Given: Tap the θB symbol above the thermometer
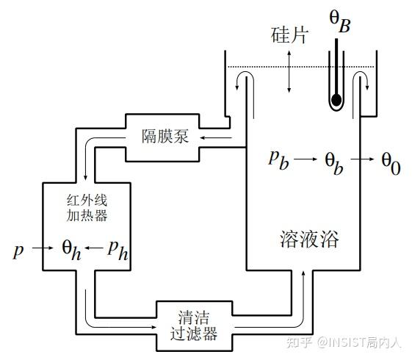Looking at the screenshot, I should (339, 21).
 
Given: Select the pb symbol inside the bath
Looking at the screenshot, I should (278, 159).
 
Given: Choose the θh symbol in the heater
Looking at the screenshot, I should (71, 249).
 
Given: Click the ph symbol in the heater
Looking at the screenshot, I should (118, 250).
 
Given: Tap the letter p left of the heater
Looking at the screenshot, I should (18, 251).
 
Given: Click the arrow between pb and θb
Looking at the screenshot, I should (306, 159).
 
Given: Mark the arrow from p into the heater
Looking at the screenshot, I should (43, 249).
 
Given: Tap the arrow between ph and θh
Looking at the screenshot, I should (93, 249).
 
